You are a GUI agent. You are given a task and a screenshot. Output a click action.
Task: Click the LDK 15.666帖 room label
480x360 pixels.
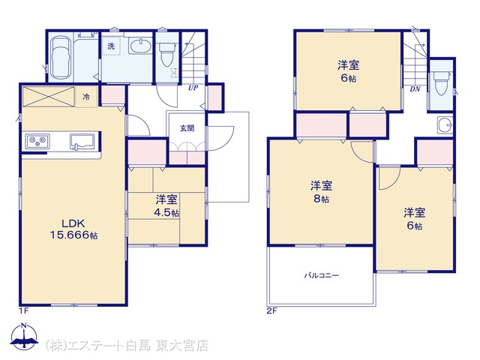click(73, 229)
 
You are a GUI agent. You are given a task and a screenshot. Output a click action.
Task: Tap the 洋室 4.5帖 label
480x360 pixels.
click(166, 206)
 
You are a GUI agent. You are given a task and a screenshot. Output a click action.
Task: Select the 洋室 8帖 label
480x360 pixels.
click(321, 192)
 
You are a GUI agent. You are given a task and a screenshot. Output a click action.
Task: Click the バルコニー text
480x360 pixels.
click(322, 275)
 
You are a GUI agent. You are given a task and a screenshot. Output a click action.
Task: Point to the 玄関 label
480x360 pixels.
click(187, 128)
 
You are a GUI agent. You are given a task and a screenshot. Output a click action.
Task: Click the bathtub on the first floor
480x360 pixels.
click(60, 58)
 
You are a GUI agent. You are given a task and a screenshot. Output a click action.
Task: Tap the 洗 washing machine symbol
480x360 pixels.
click(111, 46)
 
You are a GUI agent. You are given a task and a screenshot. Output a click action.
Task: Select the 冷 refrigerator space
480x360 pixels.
click(86, 97)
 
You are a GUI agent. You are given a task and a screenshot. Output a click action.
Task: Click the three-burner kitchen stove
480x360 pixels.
click(37, 142)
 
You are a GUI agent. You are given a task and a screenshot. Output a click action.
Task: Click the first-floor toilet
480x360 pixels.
click(167, 54)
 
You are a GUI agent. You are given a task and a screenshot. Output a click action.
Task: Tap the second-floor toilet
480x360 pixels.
click(441, 83)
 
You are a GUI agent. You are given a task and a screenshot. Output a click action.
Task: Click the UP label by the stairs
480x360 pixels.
click(193, 88)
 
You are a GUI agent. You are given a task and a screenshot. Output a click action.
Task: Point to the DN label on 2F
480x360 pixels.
click(415, 89)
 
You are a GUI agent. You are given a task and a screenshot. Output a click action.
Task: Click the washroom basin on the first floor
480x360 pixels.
click(140, 46)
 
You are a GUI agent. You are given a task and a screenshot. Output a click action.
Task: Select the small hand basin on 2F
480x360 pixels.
click(445, 125)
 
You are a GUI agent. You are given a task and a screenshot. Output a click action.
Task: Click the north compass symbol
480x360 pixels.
click(25, 336)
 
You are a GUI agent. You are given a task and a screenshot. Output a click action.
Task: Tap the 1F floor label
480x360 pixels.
click(23, 311)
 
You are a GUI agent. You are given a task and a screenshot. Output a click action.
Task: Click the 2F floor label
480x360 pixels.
click(271, 311)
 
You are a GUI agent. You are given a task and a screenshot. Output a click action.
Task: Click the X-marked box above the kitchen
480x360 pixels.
click(49, 97)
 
